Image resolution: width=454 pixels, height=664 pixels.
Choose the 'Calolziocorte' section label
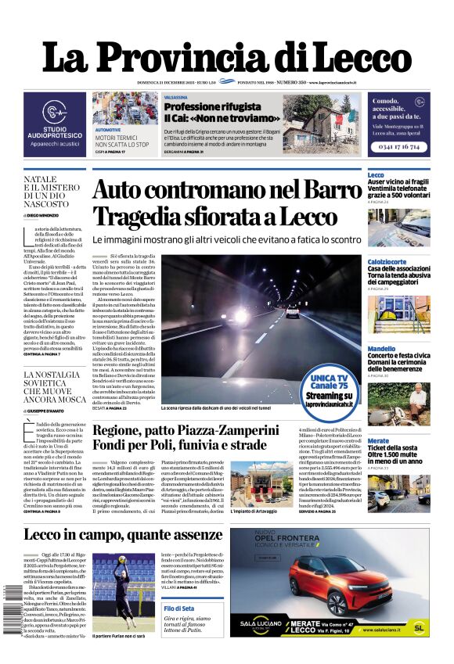pos(387,261)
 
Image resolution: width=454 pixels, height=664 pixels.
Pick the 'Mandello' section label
pos(381,349)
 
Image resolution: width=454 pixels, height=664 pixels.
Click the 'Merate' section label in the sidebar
pos(378,441)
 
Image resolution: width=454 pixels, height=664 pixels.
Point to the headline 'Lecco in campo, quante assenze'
pos(111,536)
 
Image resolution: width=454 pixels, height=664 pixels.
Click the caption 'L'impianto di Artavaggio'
pos(254,511)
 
